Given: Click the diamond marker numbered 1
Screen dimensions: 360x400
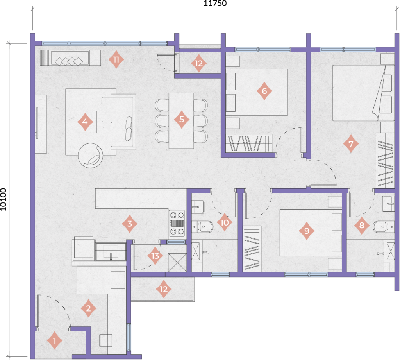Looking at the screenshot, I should (x=55, y=342).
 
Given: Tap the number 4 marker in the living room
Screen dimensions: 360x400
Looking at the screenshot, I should (x=85, y=122).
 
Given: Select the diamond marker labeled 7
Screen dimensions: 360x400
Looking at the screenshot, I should (x=350, y=145).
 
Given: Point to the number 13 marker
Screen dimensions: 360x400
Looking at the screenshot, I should (x=155, y=256).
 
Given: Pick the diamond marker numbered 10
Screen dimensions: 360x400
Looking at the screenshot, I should (x=224, y=222).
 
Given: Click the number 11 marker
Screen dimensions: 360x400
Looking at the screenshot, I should (x=116, y=60).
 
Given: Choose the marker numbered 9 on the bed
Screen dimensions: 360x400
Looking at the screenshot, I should (x=307, y=231).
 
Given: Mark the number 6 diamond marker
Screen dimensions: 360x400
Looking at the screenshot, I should (x=264, y=91).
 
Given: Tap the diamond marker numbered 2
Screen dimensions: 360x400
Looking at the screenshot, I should (x=88, y=308).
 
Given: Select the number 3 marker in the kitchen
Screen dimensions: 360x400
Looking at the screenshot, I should (x=130, y=224).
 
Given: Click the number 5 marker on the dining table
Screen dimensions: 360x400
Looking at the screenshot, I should (x=181, y=119).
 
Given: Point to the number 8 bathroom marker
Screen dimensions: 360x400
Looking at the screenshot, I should (x=362, y=226).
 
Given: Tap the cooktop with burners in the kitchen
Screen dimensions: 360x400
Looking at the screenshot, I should (x=176, y=224).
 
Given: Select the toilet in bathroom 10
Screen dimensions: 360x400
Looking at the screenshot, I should (x=204, y=226).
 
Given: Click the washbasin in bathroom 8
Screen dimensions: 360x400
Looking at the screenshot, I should (x=388, y=202).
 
